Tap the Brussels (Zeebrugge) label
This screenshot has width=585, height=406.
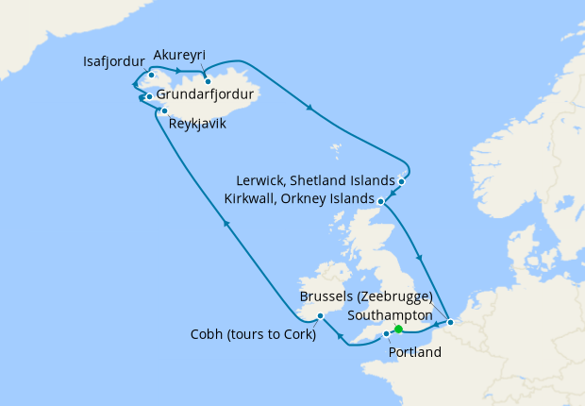[x=366, y=296]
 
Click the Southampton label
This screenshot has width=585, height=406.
[x=390, y=314]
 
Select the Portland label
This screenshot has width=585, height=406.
[x=414, y=352]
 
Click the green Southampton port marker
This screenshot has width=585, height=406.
[x=398, y=330]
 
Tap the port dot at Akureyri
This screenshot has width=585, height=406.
[x=208, y=81]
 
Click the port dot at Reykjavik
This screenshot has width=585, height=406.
[x=165, y=110]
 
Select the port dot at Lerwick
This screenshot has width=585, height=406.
[x=402, y=180]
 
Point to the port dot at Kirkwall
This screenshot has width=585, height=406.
[x=381, y=201]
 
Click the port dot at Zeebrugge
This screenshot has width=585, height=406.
[x=450, y=323]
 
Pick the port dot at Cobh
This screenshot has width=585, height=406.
[x=321, y=315]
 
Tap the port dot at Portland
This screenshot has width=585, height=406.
[x=386, y=334]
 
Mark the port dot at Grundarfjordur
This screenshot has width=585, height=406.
[x=149, y=96]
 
